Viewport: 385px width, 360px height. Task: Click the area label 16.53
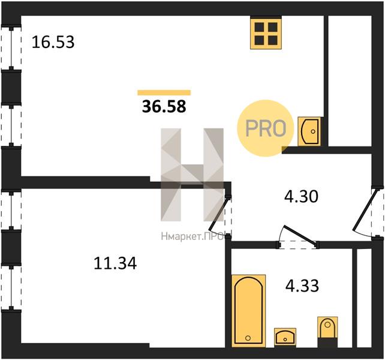point(53,42)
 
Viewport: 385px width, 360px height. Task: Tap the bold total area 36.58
point(164,107)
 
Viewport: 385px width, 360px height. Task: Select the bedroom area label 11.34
point(115,263)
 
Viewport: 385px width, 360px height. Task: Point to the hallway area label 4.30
point(301,196)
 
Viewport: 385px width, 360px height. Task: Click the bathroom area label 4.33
point(302,286)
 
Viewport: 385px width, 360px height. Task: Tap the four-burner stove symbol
point(266,33)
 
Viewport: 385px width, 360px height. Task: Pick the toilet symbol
point(327,328)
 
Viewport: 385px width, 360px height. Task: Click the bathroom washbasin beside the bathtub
point(285,337)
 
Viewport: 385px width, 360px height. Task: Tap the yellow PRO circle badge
point(266,128)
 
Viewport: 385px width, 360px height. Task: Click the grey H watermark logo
point(192,175)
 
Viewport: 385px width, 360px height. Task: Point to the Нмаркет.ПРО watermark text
point(192,236)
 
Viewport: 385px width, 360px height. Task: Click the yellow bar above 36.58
point(164,92)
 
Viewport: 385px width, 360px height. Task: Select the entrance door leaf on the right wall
point(365,211)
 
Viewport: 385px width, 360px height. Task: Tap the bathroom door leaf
point(300,235)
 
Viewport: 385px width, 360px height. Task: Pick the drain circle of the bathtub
point(248,338)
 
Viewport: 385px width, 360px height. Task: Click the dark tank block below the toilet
point(327,343)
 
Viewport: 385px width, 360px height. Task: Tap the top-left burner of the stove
point(259,27)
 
